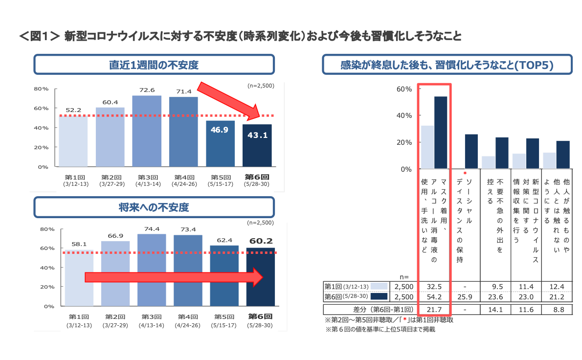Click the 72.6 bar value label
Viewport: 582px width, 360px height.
tap(147, 90)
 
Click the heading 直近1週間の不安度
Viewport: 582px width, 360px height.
tap(154, 65)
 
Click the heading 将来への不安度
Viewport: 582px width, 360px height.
tap(154, 207)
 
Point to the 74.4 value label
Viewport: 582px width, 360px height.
tap(152, 229)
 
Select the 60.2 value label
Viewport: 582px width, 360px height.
tap(261, 241)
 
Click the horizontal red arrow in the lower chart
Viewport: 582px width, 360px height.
tap(174, 277)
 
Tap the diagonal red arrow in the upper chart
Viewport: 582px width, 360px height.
tap(230, 102)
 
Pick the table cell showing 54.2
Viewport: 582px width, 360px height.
tap(434, 296)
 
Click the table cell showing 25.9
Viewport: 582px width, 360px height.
tap(465, 296)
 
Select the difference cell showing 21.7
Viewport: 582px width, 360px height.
tap(434, 310)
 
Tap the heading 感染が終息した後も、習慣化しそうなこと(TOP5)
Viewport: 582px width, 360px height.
tap(447, 65)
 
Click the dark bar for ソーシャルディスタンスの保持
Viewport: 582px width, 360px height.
tap(471, 151)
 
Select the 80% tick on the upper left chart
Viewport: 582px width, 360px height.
tap(41, 89)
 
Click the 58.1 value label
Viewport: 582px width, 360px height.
tap(79, 244)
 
